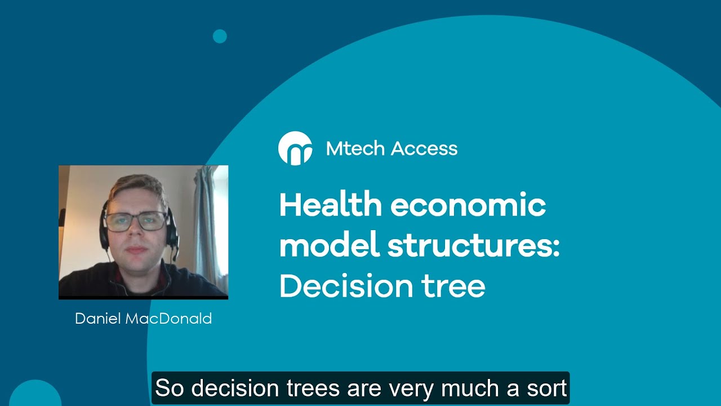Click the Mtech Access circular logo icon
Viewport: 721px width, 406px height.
coord(295,148)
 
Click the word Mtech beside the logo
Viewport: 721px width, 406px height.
coord(355,149)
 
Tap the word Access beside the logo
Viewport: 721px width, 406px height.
coord(424,149)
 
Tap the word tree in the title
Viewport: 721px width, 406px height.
coord(456,286)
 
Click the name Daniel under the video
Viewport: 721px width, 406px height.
coord(98,319)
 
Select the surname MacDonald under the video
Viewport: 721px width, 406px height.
coord(168,319)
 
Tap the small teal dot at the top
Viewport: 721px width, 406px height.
coord(220,37)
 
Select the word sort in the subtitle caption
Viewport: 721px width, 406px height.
coord(545,389)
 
